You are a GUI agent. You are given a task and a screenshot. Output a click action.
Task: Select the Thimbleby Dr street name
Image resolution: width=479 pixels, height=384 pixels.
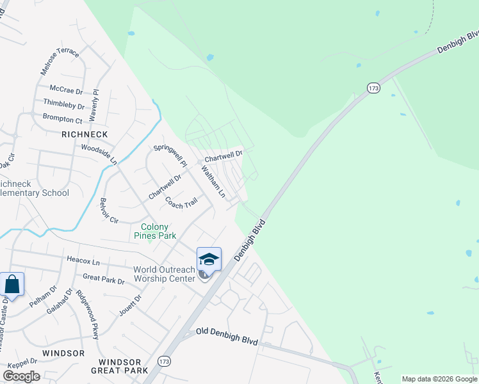[63, 104]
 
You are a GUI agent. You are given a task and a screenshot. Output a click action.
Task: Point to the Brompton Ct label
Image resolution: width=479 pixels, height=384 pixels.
[62, 119]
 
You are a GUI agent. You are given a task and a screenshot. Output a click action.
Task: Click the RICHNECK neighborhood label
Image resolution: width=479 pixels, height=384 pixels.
[85, 134]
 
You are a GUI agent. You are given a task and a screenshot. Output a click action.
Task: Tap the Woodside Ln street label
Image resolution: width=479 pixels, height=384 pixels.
[99, 152]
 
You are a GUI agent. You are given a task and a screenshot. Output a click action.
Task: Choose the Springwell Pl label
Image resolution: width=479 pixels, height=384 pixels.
[170, 156]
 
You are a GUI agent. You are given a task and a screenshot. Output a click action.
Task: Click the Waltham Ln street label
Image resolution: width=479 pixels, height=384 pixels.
[213, 181]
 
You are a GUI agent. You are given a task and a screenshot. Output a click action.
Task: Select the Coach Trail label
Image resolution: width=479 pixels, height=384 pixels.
[181, 204]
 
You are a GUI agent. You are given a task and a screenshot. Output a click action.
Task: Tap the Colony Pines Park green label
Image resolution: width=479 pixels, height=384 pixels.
[154, 231]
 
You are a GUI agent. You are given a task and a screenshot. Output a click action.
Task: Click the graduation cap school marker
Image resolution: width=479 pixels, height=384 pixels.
[209, 259]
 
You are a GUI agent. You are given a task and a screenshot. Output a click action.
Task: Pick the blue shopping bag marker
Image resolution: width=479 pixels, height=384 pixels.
[12, 284]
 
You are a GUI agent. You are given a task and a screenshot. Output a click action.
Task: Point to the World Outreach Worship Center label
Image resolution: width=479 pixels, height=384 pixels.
[164, 274]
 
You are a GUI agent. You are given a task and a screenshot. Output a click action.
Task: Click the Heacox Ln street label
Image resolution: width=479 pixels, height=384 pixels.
[83, 262]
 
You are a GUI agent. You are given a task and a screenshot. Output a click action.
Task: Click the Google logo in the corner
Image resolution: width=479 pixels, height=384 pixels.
[21, 376]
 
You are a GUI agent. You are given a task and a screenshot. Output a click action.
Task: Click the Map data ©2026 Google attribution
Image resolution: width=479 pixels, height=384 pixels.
[439, 379]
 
